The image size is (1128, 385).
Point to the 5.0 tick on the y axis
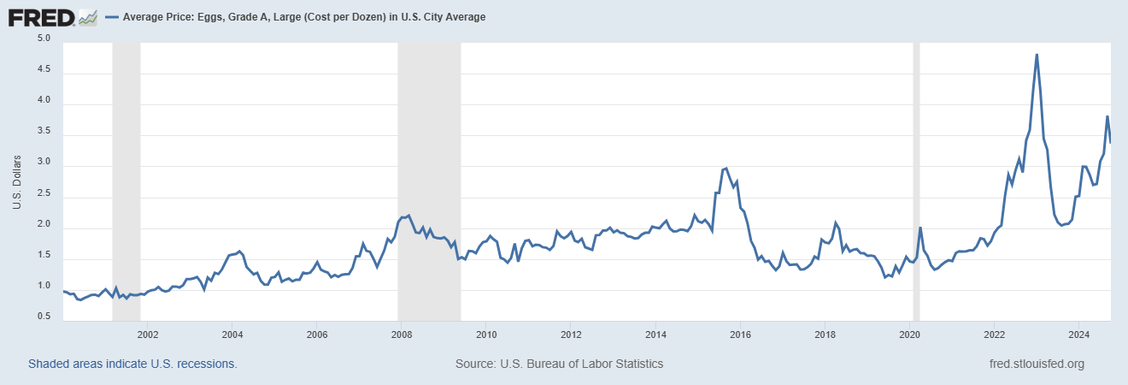coord(44,39)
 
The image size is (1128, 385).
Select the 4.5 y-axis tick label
coord(44,70)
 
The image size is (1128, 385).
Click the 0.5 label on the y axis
coord(44,317)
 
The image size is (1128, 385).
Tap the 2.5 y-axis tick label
coord(44,194)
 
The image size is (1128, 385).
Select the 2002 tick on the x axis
coord(148,333)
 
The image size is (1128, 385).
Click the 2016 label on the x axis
coord(740,333)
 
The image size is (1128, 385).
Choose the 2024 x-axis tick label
coord(1078,333)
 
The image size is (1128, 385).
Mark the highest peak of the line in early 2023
coord(1037,55)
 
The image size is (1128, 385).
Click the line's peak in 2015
coord(725,169)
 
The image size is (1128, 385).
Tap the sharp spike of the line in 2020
coord(920,228)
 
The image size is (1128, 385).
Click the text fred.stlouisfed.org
coord(1036,364)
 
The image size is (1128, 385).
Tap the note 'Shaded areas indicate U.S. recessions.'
coord(132,364)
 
